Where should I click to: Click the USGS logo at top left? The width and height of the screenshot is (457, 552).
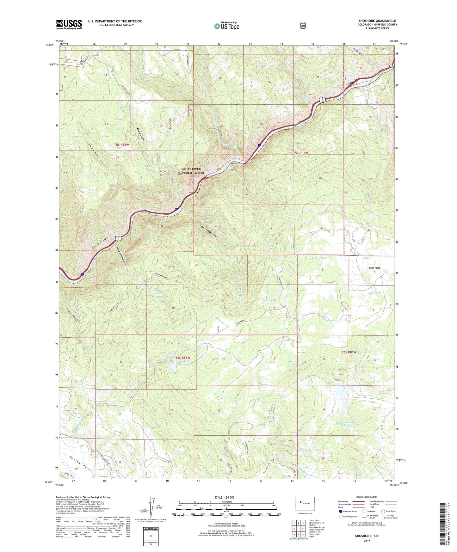click(69, 24)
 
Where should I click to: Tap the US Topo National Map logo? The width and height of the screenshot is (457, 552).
click(226, 26)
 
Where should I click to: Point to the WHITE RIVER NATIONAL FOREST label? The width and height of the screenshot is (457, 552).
click(193, 171)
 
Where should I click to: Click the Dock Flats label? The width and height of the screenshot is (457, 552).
click(374, 268)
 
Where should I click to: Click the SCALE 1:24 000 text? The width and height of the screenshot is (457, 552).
click(224, 497)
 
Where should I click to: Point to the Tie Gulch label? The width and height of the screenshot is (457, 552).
click(357, 51)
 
